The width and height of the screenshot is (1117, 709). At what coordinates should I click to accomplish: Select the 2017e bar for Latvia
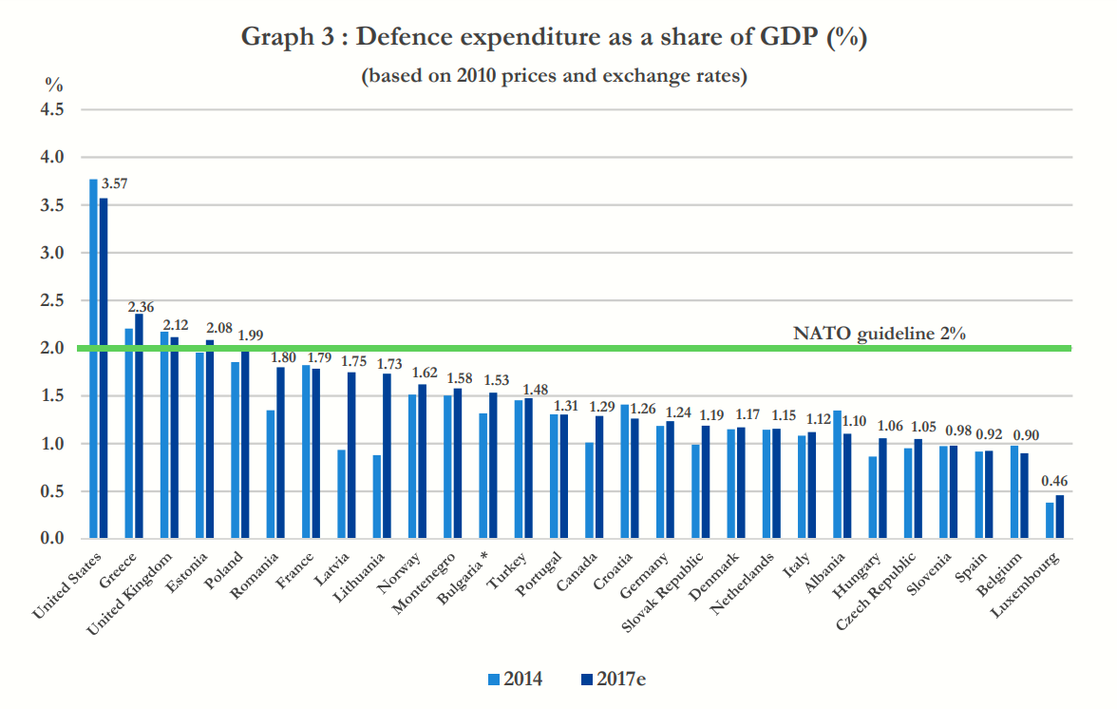click(351, 455)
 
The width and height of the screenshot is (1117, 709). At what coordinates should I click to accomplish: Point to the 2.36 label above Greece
click(142, 306)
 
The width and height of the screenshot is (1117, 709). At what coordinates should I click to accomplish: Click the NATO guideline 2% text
click(880, 334)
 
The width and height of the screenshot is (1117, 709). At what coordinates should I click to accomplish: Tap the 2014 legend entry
click(515, 679)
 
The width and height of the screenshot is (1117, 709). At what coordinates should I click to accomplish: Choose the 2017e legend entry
click(613, 679)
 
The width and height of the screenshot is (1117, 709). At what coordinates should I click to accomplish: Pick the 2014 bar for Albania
click(837, 474)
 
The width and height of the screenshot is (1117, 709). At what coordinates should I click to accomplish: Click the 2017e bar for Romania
click(281, 453)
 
